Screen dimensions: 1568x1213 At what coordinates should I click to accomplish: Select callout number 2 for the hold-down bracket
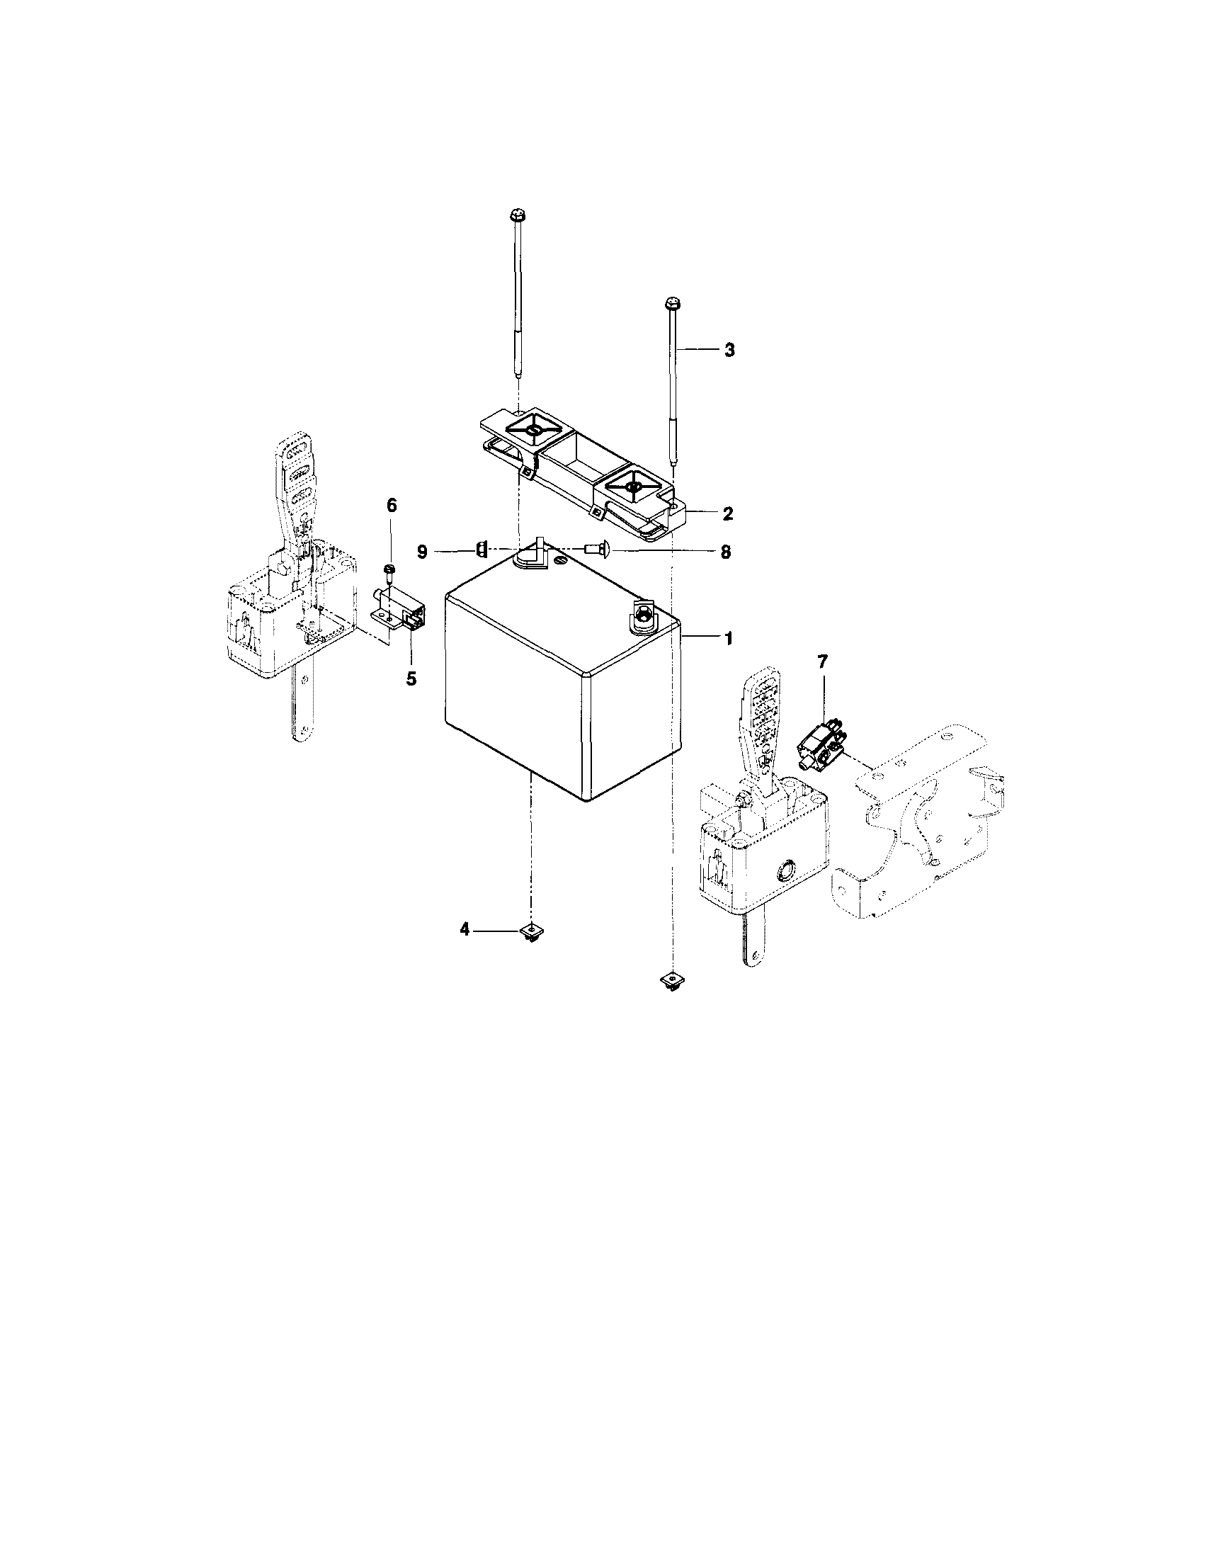(x=728, y=513)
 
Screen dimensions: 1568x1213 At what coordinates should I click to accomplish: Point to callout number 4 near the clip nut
(x=465, y=930)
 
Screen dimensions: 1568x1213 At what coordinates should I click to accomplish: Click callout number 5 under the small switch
(x=411, y=678)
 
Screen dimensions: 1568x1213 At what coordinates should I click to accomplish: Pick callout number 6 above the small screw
(x=391, y=506)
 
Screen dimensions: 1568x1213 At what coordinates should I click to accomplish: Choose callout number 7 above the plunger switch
(x=823, y=662)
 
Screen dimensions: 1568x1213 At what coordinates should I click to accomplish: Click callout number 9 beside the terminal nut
(x=422, y=552)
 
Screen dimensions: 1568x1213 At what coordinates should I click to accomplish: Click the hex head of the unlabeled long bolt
(x=517, y=215)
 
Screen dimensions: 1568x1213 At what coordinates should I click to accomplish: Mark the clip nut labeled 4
(x=531, y=932)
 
